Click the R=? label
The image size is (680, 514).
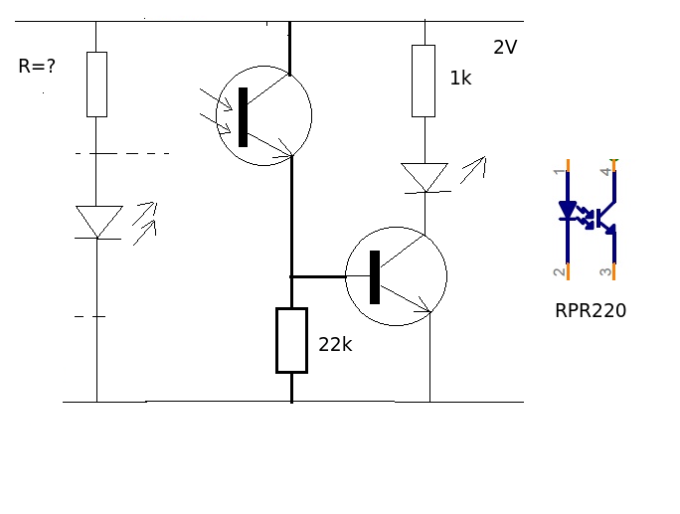(37, 68)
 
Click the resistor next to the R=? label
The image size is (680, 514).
(96, 85)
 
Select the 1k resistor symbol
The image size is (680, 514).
(424, 81)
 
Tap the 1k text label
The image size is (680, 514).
(460, 79)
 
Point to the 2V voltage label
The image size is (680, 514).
(505, 48)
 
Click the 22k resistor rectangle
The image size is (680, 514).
(291, 340)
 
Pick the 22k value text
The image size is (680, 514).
(335, 345)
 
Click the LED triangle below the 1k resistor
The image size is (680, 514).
(425, 177)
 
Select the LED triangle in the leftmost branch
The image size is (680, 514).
(98, 221)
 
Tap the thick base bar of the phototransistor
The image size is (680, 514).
(243, 117)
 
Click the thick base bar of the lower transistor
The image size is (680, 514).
(375, 277)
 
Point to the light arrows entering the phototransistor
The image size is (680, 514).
(216, 110)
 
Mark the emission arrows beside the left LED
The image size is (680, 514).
(145, 223)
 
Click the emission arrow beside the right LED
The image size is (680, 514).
(473, 169)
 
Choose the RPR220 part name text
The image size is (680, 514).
(591, 311)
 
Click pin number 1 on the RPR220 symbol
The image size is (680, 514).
(559, 171)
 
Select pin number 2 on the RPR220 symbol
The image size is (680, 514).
(559, 270)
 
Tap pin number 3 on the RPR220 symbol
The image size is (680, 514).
(605, 270)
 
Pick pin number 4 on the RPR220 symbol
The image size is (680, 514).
(605, 171)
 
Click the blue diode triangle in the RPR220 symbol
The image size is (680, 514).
(568, 210)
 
